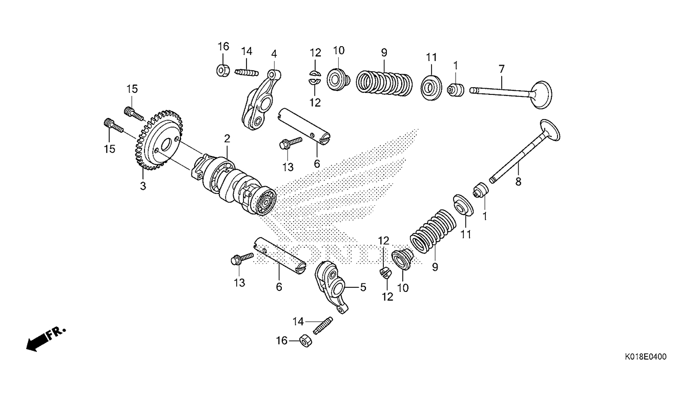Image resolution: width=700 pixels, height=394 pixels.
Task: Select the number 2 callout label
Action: pyautogui.click(x=227, y=138)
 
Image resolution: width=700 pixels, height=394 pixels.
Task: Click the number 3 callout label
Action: pyautogui.click(x=143, y=186)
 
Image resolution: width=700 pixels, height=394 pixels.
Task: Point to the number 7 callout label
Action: pyautogui.click(x=502, y=68)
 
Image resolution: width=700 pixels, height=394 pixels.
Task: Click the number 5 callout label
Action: pyautogui.click(x=363, y=287)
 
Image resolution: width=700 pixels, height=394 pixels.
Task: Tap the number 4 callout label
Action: pyautogui.click(x=274, y=53)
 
